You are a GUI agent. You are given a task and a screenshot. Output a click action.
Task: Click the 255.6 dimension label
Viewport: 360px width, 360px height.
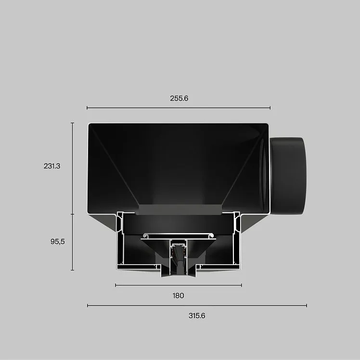click(179, 98)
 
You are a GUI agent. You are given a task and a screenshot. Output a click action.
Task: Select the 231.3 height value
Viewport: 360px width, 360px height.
click(52, 166)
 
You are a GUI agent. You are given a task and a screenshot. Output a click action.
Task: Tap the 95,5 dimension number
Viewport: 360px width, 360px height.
click(58, 242)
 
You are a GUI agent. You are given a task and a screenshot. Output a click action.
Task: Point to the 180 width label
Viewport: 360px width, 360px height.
click(179, 296)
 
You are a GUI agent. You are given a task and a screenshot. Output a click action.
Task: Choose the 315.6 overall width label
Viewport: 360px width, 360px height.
click(197, 316)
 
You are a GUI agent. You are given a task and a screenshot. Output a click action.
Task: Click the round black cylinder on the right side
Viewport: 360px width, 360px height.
click(288, 176)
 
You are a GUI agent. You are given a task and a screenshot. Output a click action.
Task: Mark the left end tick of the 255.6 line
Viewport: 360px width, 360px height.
click(87, 108)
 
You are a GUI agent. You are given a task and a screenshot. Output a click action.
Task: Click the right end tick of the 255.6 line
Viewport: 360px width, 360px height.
click(270, 108)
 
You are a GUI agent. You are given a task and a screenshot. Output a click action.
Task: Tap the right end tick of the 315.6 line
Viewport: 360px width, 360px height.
click(307, 305)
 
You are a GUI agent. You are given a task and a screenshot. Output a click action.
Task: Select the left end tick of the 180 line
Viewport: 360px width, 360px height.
click(116, 285)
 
